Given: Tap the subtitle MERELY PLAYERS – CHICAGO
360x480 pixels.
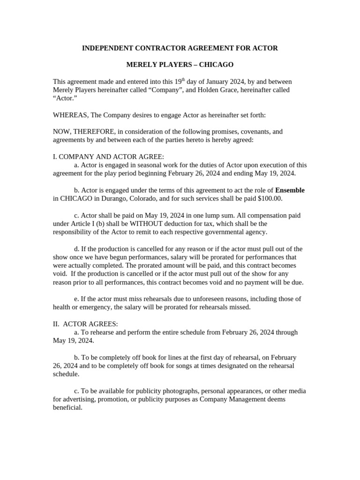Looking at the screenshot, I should coord(180,65).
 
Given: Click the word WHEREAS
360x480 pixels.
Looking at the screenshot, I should coord(69,115).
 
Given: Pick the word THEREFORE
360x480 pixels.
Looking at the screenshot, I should coord(92,132).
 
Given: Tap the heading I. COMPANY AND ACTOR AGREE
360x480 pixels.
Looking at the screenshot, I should coord(108,157).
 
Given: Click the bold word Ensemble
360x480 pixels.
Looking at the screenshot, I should coord(290,190).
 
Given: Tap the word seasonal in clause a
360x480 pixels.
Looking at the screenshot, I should coord(142,165).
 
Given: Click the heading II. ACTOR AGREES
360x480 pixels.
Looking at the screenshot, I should coord(85,324).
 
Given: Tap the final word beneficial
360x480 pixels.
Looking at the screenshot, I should coord(67,408).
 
